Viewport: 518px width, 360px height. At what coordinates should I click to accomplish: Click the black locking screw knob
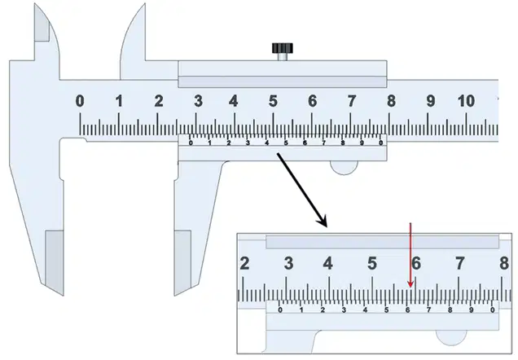[x=283, y=48]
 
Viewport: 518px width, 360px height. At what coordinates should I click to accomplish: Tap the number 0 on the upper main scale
[x=80, y=101]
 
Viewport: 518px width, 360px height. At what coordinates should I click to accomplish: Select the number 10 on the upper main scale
[x=466, y=101]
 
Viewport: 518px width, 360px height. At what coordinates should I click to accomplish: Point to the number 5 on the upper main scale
[x=273, y=101]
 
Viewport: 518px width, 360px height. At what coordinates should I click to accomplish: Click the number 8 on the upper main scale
[x=391, y=101]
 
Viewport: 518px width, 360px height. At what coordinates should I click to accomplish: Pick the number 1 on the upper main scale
[x=119, y=101]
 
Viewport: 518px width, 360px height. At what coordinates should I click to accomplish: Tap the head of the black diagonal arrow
[x=322, y=222]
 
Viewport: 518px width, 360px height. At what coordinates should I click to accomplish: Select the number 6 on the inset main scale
[x=416, y=263]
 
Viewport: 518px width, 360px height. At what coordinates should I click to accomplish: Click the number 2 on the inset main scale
[x=244, y=263]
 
